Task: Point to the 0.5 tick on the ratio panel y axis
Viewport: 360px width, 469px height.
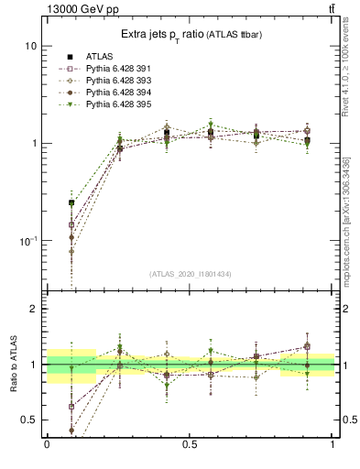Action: tap(30, 420)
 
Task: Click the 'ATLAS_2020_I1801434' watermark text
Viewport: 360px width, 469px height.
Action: tap(190, 274)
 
